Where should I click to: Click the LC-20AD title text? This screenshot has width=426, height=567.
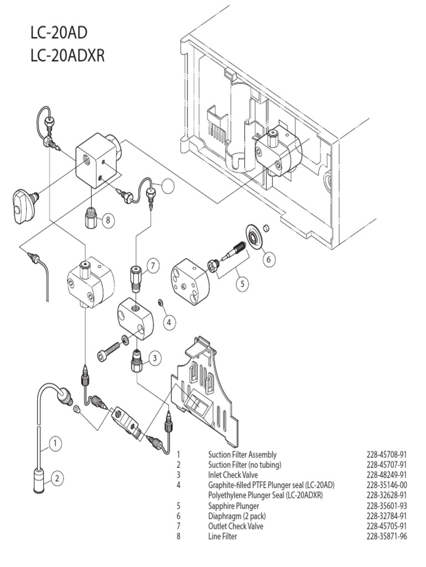coord(59,34)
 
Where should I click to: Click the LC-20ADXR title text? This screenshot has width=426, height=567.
coord(68,56)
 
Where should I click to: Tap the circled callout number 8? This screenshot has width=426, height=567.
coord(108,220)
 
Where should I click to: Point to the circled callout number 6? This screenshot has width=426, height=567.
coord(268,258)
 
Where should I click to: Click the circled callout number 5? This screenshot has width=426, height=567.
coord(242,283)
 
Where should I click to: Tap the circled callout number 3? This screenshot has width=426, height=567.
coord(155,358)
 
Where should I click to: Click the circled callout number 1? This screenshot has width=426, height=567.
coord(55,443)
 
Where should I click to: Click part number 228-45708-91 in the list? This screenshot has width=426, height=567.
coord(387,455)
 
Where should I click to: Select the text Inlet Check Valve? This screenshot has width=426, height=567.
coord(233,475)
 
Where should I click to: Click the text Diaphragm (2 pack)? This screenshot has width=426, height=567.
coord(235,516)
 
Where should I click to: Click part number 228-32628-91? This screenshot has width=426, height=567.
coord(387,495)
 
